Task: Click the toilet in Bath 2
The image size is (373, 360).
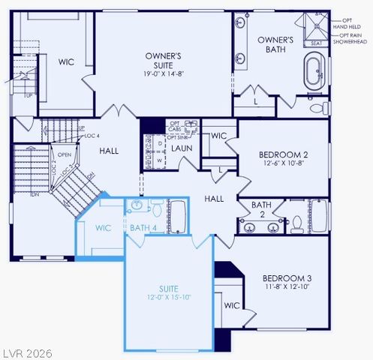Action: pos(297,223)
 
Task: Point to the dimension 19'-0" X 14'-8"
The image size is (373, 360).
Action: pos(164,74)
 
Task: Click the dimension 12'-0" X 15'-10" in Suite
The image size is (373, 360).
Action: pos(169,298)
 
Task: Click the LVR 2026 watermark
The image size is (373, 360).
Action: pos(26,352)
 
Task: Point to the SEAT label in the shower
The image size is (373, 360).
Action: pos(316,43)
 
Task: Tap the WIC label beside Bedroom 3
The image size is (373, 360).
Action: pos(231,305)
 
